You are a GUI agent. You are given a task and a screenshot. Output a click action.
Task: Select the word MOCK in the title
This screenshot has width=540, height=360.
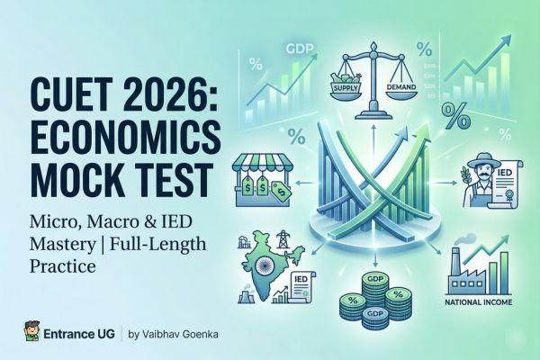tap(67, 176)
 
